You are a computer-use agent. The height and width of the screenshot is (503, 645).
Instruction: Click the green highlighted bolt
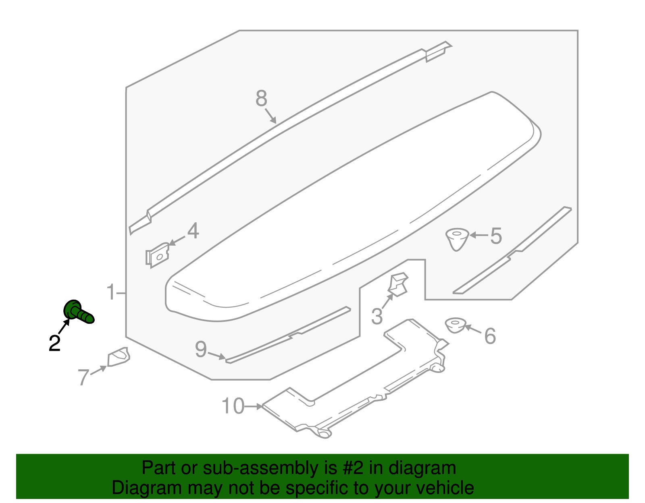tap(78, 312)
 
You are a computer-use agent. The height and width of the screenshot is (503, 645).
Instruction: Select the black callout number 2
tap(54, 343)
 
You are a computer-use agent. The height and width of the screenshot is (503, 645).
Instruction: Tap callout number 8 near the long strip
tap(261, 98)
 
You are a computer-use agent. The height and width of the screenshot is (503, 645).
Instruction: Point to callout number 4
tap(193, 231)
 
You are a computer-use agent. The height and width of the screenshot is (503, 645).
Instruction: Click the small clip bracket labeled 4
tap(157, 255)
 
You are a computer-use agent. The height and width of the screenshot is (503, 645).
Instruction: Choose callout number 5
tap(496, 236)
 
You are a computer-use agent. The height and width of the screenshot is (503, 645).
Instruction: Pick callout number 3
tap(377, 317)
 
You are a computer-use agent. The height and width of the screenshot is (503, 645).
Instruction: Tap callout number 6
tap(490, 336)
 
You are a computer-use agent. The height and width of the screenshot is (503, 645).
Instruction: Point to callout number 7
tap(83, 377)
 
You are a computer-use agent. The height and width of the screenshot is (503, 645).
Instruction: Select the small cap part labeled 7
tap(118, 357)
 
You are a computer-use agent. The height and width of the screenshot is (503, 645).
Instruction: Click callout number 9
tap(201, 349)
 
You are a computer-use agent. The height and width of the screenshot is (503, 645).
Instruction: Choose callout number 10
tap(233, 406)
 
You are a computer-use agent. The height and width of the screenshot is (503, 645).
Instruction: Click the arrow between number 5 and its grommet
tap(479, 235)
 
